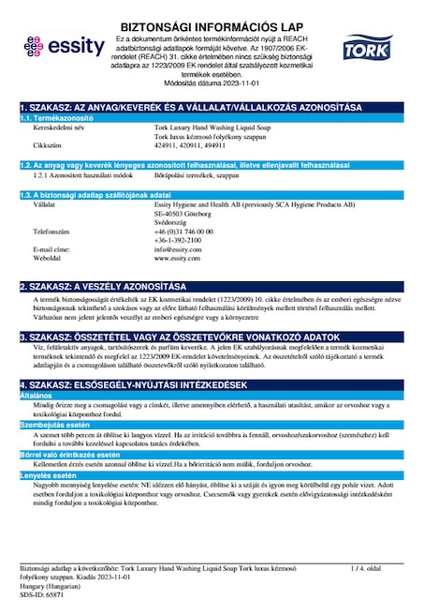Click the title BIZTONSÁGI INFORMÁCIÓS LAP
tap(212, 13)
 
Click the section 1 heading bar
tap(212, 110)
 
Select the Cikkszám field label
tap(48, 147)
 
